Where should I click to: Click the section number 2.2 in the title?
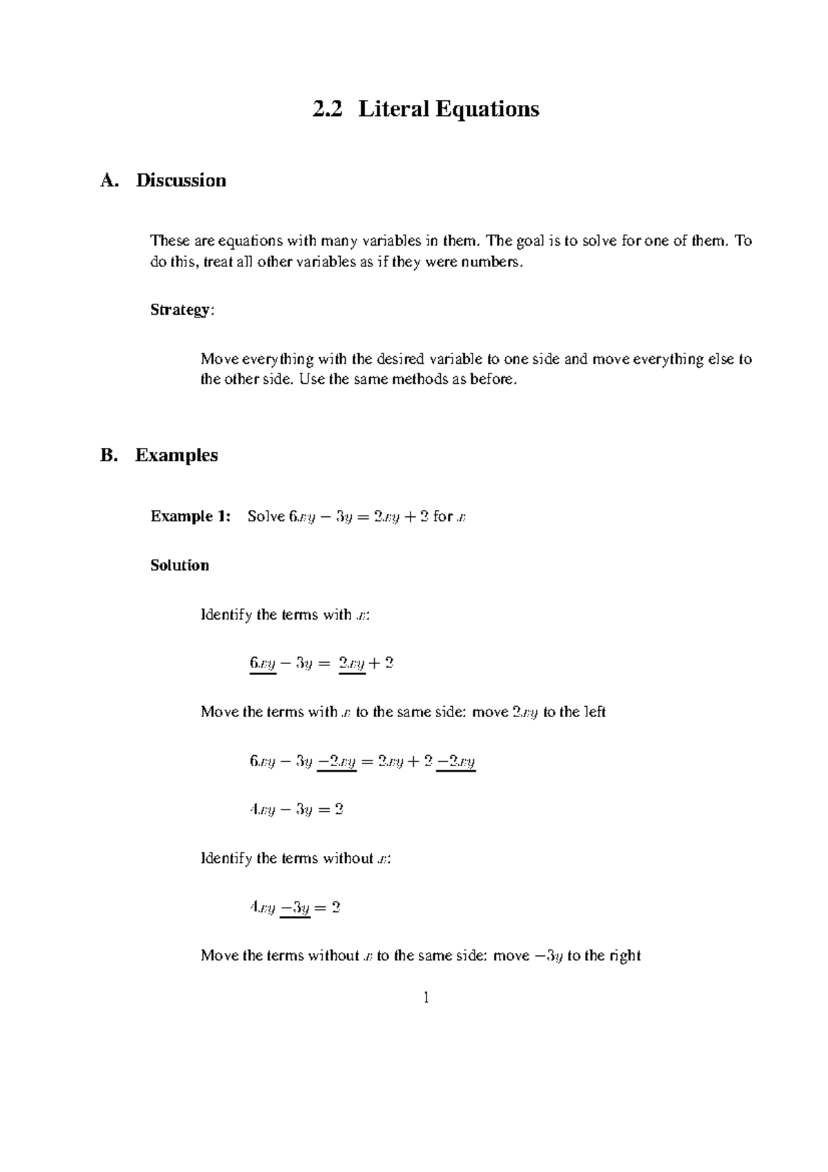pos(327,109)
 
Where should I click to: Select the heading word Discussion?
pos(181,181)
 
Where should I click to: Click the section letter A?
pos(108,181)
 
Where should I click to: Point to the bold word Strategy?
pos(181,310)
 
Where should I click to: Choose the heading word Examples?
pos(177,456)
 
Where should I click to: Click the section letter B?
pos(108,456)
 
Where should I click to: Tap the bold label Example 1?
pos(190,516)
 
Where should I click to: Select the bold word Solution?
pos(179,565)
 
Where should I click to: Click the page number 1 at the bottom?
pos(426,997)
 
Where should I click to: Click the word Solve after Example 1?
pos(266,516)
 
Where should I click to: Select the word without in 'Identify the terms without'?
pos(348,859)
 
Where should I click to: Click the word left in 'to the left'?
pos(593,712)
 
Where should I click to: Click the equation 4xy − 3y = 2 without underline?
pos(296,810)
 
